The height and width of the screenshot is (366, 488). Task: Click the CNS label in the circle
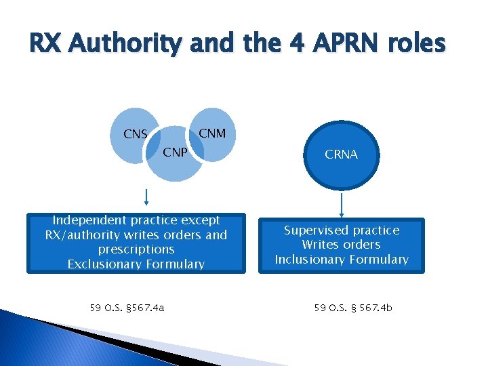pos(136,134)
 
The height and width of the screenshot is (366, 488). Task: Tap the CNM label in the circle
pos(212,133)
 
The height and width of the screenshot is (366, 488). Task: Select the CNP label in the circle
pos(175,152)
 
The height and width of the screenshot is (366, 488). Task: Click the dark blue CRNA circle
pos(341,155)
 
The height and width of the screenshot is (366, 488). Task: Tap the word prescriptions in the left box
pos(136,249)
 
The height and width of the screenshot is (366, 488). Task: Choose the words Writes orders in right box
pos(341,245)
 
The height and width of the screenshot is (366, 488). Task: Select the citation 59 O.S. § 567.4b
pos(352,308)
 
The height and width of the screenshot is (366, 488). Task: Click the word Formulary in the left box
pos(173,264)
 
